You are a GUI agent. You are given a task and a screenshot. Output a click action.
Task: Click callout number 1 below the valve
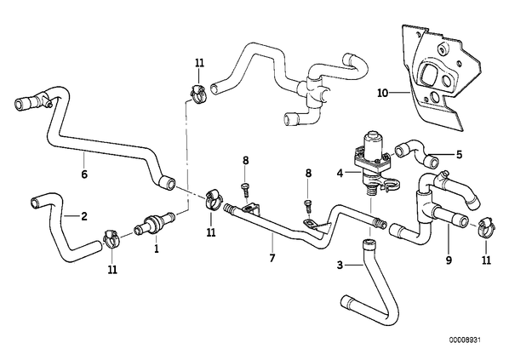[157, 249]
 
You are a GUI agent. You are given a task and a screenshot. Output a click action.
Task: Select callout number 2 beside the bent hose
[84, 216]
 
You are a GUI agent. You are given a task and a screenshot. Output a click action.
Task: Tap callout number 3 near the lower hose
[340, 266]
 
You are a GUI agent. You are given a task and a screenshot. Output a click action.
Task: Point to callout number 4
[340, 174]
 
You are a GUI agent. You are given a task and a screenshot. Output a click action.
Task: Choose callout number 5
[459, 154]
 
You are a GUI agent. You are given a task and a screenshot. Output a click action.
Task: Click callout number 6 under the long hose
[84, 174]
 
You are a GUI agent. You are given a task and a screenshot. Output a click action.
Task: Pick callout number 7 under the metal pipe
[272, 258]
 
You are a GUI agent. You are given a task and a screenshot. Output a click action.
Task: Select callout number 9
[449, 260]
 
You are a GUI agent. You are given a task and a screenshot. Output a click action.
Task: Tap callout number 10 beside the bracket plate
[383, 93]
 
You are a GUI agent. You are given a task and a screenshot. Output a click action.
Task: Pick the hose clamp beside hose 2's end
[112, 239]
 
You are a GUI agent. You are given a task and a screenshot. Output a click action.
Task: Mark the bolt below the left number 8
[245, 189]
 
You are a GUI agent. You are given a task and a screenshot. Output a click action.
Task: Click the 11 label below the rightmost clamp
[486, 260]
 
